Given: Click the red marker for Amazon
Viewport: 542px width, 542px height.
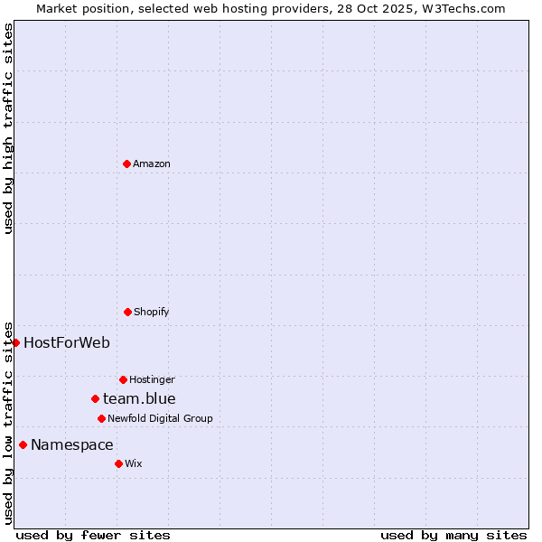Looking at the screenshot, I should [x=126, y=164].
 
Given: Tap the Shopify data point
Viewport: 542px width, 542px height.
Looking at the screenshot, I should [x=127, y=312].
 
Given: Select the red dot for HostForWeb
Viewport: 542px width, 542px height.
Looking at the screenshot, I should [x=15, y=342].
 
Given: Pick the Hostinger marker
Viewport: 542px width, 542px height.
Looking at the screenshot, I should [x=123, y=379].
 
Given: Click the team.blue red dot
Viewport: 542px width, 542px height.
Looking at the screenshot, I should [x=95, y=398].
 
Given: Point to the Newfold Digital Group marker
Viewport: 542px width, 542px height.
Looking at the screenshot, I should [x=101, y=418].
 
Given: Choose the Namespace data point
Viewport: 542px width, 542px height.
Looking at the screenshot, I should [x=23, y=444].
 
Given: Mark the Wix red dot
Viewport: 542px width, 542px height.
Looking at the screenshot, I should [x=118, y=463].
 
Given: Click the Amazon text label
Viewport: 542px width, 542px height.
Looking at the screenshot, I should [x=152, y=164].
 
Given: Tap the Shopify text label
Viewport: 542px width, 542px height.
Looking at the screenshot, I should [x=152, y=312].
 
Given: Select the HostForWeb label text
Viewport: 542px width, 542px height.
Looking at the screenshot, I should [x=67, y=342].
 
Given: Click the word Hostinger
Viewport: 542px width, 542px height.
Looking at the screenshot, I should [x=152, y=379].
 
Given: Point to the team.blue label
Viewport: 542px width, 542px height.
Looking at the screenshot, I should [x=139, y=398].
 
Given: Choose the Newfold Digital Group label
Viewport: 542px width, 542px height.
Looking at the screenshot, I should [x=160, y=418].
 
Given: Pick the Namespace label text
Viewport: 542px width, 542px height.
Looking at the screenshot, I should [x=72, y=444].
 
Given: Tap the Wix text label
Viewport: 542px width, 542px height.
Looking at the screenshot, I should [x=134, y=463].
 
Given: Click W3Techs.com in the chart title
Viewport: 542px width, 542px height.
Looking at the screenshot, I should [x=461, y=8].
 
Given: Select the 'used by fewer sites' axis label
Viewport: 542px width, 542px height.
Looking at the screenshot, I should [x=93, y=535].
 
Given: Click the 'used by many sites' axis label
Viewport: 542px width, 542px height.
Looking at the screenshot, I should [x=453, y=535].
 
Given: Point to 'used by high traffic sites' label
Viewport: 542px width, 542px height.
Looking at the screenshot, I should [x=8, y=128].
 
